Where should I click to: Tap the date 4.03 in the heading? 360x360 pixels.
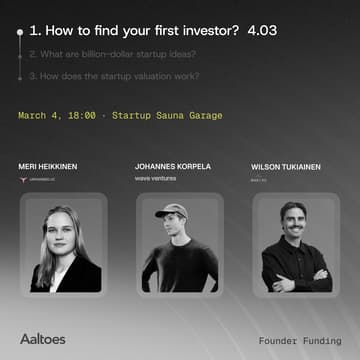click(x=261, y=31)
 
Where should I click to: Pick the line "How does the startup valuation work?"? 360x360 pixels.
click(x=112, y=76)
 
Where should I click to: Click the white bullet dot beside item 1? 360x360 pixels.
click(x=18, y=32)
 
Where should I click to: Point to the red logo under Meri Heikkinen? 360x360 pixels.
click(x=26, y=179)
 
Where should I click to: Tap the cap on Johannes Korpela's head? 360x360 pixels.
click(x=171, y=210)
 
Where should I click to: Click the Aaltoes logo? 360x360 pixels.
click(x=43, y=339)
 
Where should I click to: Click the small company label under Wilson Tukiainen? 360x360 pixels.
click(x=259, y=179)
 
